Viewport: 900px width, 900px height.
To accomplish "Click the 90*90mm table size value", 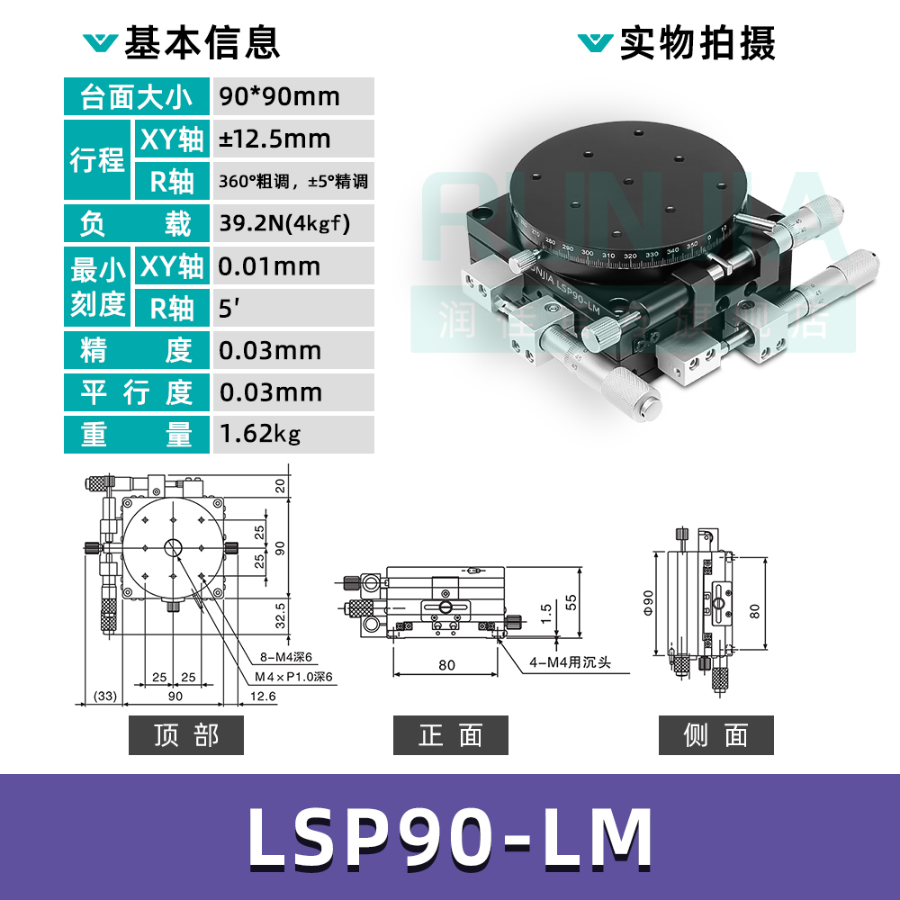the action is tap(279, 96).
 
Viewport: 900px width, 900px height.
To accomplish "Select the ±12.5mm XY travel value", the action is tap(274, 139).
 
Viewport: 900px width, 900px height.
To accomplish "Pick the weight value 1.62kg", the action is tap(260, 434).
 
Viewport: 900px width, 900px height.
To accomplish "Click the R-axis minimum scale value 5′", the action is tap(230, 308).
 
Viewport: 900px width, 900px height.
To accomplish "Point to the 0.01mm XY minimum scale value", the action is tap(270, 266).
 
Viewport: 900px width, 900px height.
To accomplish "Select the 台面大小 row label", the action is tap(136, 96).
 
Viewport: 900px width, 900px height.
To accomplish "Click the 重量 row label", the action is tap(136, 434).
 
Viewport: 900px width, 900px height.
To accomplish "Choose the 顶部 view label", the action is tap(186, 735).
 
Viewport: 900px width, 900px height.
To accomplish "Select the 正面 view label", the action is tap(450, 735).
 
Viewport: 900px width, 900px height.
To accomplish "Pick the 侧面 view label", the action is tap(715, 735).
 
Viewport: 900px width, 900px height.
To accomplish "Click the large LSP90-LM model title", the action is tap(450, 838).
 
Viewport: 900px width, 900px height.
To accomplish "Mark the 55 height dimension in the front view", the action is tap(570, 601).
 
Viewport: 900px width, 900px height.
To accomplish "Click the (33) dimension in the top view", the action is tap(106, 696).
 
